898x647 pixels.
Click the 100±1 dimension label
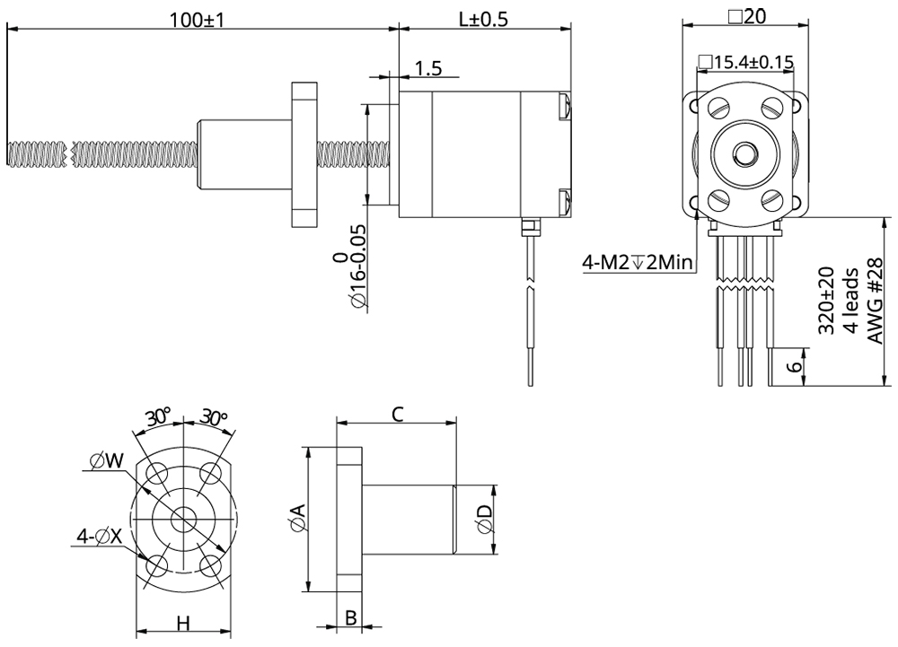(x=196, y=19)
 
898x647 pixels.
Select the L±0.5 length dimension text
(x=484, y=19)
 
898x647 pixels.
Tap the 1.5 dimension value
(x=429, y=68)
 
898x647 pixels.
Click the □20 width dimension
(x=745, y=15)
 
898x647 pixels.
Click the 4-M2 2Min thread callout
(x=638, y=262)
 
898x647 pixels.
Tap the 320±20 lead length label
(x=827, y=301)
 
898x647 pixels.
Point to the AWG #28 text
(x=876, y=301)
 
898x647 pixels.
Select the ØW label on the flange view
(x=107, y=461)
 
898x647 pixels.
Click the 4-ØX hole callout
(x=100, y=537)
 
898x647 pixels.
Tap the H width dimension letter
(x=182, y=624)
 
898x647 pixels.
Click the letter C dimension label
(x=398, y=413)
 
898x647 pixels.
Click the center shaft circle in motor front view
(x=745, y=153)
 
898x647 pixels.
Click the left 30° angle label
(x=159, y=418)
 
